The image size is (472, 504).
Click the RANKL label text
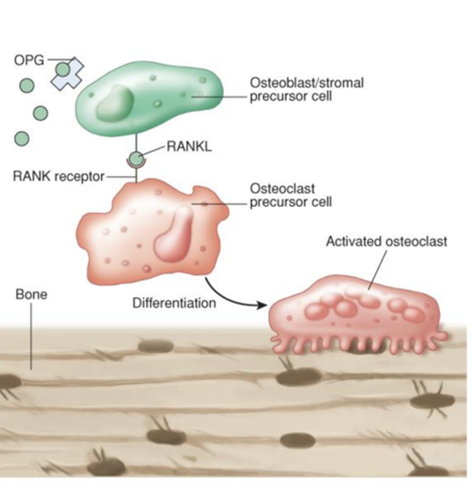[189, 147]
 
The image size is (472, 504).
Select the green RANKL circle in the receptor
[136, 159]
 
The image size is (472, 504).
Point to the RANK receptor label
[58, 176]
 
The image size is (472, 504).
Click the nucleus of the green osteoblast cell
[114, 103]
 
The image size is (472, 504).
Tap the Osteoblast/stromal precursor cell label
[306, 89]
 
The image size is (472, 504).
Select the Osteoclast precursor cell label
[290, 195]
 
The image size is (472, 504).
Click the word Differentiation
[174, 302]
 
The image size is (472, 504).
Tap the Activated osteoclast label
[386, 241]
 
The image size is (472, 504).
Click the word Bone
[31, 294]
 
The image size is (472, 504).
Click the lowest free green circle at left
[21, 138]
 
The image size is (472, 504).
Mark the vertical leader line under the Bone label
[31, 336]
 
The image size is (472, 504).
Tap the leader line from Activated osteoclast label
[377, 269]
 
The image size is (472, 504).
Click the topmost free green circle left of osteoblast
[26, 86]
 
